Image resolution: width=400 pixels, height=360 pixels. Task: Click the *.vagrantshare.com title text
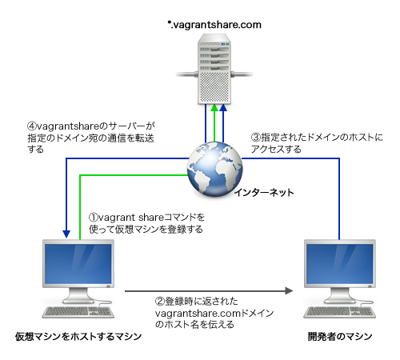(214, 25)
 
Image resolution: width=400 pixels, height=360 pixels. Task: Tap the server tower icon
(214, 69)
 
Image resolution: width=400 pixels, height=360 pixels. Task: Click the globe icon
(215, 170)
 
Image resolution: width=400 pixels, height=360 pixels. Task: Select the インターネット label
(264, 192)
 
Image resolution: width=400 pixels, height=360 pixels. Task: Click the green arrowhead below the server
(214, 108)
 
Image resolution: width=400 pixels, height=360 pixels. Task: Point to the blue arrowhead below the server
(223, 108)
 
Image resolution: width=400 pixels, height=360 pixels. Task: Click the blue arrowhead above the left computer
(66, 234)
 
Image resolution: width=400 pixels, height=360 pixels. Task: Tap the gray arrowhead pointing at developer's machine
(289, 290)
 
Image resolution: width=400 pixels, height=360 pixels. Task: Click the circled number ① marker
(94, 218)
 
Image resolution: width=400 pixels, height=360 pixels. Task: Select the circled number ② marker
(160, 302)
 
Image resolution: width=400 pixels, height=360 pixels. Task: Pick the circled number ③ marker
(256, 138)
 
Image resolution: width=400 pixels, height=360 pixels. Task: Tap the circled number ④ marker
(32, 126)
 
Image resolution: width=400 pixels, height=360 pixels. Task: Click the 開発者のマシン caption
(340, 337)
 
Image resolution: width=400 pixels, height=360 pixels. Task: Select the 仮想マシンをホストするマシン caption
(78, 337)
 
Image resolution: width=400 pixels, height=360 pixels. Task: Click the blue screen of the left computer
(78, 264)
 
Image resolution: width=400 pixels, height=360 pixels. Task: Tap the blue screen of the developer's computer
(340, 264)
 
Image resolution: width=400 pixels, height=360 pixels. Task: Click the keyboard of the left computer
(78, 312)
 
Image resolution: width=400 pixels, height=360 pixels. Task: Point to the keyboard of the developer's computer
(340, 312)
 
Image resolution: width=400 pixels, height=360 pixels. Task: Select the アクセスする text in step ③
(276, 149)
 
